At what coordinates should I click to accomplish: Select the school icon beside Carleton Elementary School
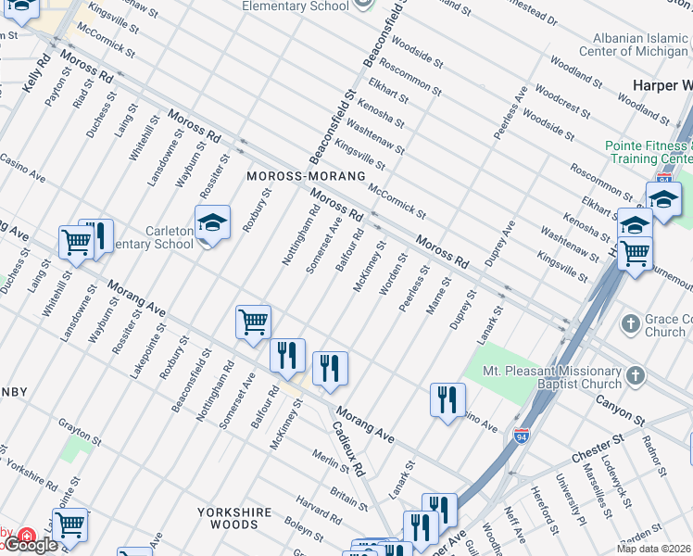(212, 223)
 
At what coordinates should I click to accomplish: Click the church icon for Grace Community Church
(630, 324)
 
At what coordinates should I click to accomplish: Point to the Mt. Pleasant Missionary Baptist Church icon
(635, 375)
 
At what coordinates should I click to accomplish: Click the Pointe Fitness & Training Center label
(649, 152)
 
